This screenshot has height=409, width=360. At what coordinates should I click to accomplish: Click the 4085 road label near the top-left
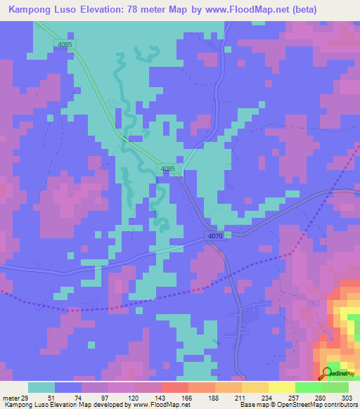tap(65, 44)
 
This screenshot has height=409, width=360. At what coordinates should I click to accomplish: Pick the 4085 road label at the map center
tap(167, 169)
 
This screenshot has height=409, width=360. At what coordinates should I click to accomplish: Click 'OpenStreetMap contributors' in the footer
tap(321, 405)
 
